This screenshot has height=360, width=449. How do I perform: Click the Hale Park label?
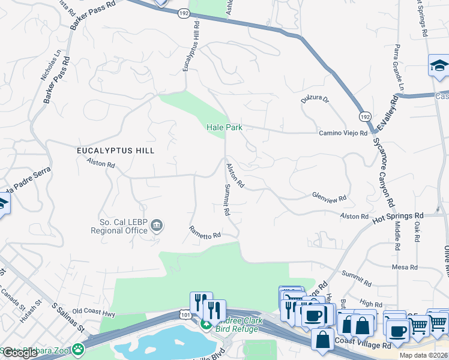[x=224, y=127]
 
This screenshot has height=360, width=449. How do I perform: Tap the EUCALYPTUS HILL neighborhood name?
[x=115, y=151]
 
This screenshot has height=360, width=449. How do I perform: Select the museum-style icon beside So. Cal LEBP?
[x=157, y=226]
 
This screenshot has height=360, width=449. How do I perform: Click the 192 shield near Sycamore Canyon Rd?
[x=364, y=115]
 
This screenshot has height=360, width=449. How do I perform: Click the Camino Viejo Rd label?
[x=343, y=132]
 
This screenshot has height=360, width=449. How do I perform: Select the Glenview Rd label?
[x=329, y=197]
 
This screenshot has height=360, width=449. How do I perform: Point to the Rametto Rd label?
[x=205, y=233]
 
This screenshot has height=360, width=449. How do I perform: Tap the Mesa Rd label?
[x=404, y=267]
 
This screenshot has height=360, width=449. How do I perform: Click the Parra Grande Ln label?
[x=396, y=63]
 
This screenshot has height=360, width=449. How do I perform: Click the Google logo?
[x=19, y=353]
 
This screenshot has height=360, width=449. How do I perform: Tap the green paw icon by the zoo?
[x=78, y=349]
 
